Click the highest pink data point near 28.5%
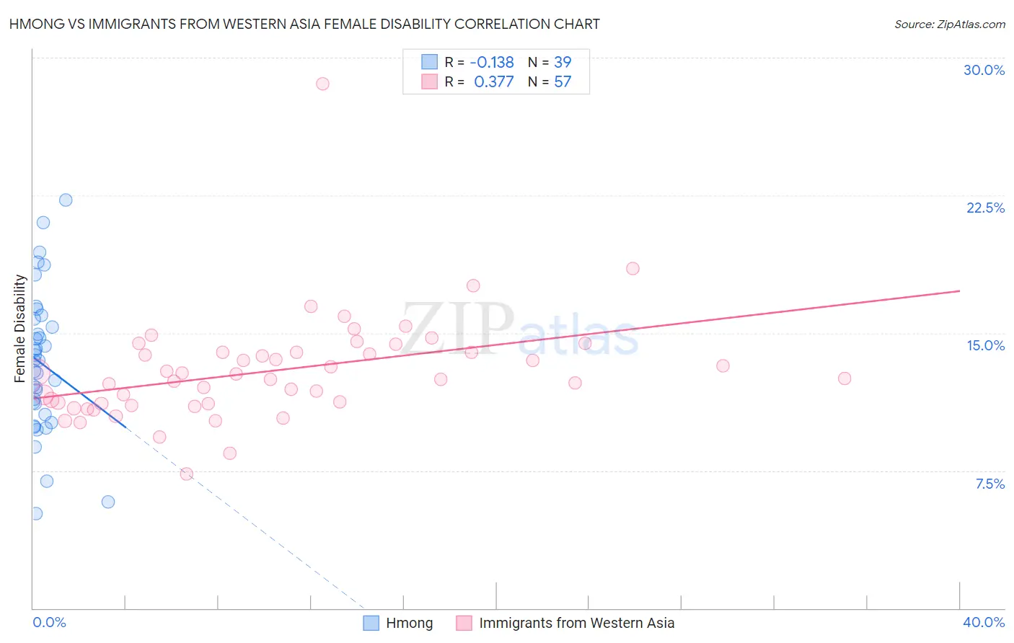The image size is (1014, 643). [322, 84]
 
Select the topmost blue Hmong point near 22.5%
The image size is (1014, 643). [66, 200]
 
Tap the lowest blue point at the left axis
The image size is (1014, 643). [35, 513]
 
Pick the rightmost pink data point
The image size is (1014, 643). [845, 378]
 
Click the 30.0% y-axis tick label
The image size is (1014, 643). [984, 70]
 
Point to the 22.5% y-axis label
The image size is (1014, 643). [985, 208]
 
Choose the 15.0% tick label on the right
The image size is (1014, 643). [985, 345]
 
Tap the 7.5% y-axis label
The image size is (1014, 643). [989, 484]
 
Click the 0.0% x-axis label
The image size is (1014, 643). [49, 622]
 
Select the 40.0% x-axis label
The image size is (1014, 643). [983, 622]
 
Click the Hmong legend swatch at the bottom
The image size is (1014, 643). [371, 623]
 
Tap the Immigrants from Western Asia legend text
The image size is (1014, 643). [576, 623]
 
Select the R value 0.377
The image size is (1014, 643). [493, 82]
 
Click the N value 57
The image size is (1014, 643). [563, 82]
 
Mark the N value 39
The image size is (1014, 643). [563, 63]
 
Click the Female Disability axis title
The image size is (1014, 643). [20, 329]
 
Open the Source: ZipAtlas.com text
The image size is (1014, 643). [949, 25]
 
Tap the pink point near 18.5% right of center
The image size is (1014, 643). [632, 268]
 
